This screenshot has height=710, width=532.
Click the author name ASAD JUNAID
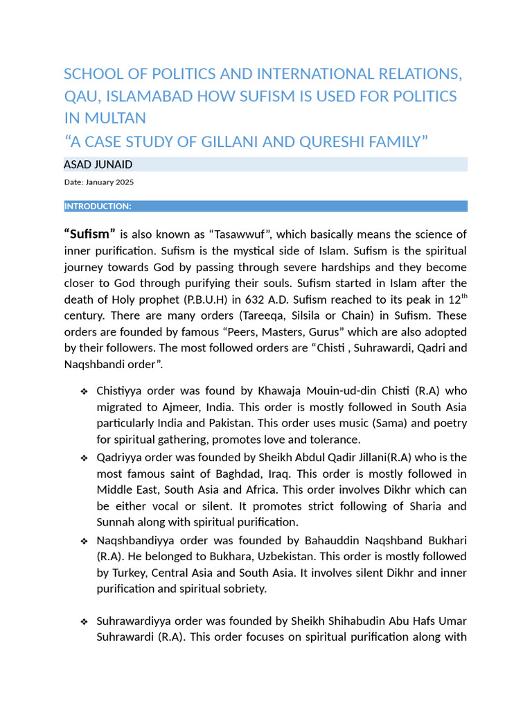click(98, 164)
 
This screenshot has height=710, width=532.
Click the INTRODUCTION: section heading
click(98, 206)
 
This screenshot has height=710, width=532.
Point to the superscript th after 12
click(463, 297)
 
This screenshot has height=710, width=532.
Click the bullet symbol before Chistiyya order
click(84, 392)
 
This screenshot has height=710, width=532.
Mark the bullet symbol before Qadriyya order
click(84, 458)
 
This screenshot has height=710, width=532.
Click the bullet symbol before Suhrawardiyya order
click(84, 621)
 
